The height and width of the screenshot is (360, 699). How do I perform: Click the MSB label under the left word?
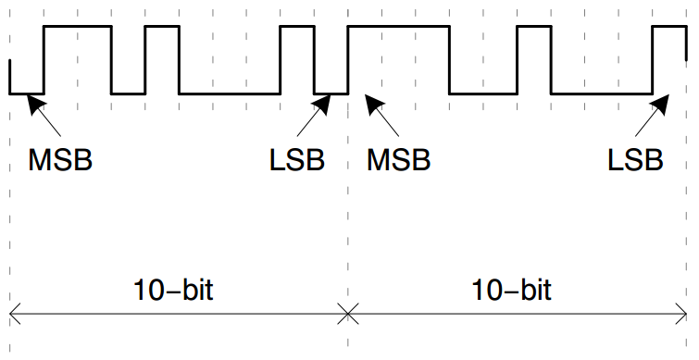(61, 159)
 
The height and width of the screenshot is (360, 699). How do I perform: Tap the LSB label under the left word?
(297, 159)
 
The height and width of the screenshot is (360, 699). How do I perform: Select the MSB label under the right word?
(399, 159)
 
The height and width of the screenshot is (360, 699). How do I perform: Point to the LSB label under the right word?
(635, 159)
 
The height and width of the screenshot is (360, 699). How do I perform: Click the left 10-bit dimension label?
(174, 291)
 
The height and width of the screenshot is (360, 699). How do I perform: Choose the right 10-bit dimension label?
(512, 291)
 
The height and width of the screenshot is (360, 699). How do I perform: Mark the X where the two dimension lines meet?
(347, 316)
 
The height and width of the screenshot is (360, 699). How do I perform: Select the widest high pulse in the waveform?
(398, 27)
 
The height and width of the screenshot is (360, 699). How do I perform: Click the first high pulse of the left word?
(78, 27)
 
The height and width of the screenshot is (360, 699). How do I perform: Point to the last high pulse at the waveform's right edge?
(668, 27)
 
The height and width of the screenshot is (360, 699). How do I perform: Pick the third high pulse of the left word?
(297, 27)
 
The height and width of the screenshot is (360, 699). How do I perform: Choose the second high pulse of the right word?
(533, 27)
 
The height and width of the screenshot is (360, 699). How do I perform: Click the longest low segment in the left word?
(230, 93)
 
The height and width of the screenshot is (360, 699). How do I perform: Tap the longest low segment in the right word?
(601, 93)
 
